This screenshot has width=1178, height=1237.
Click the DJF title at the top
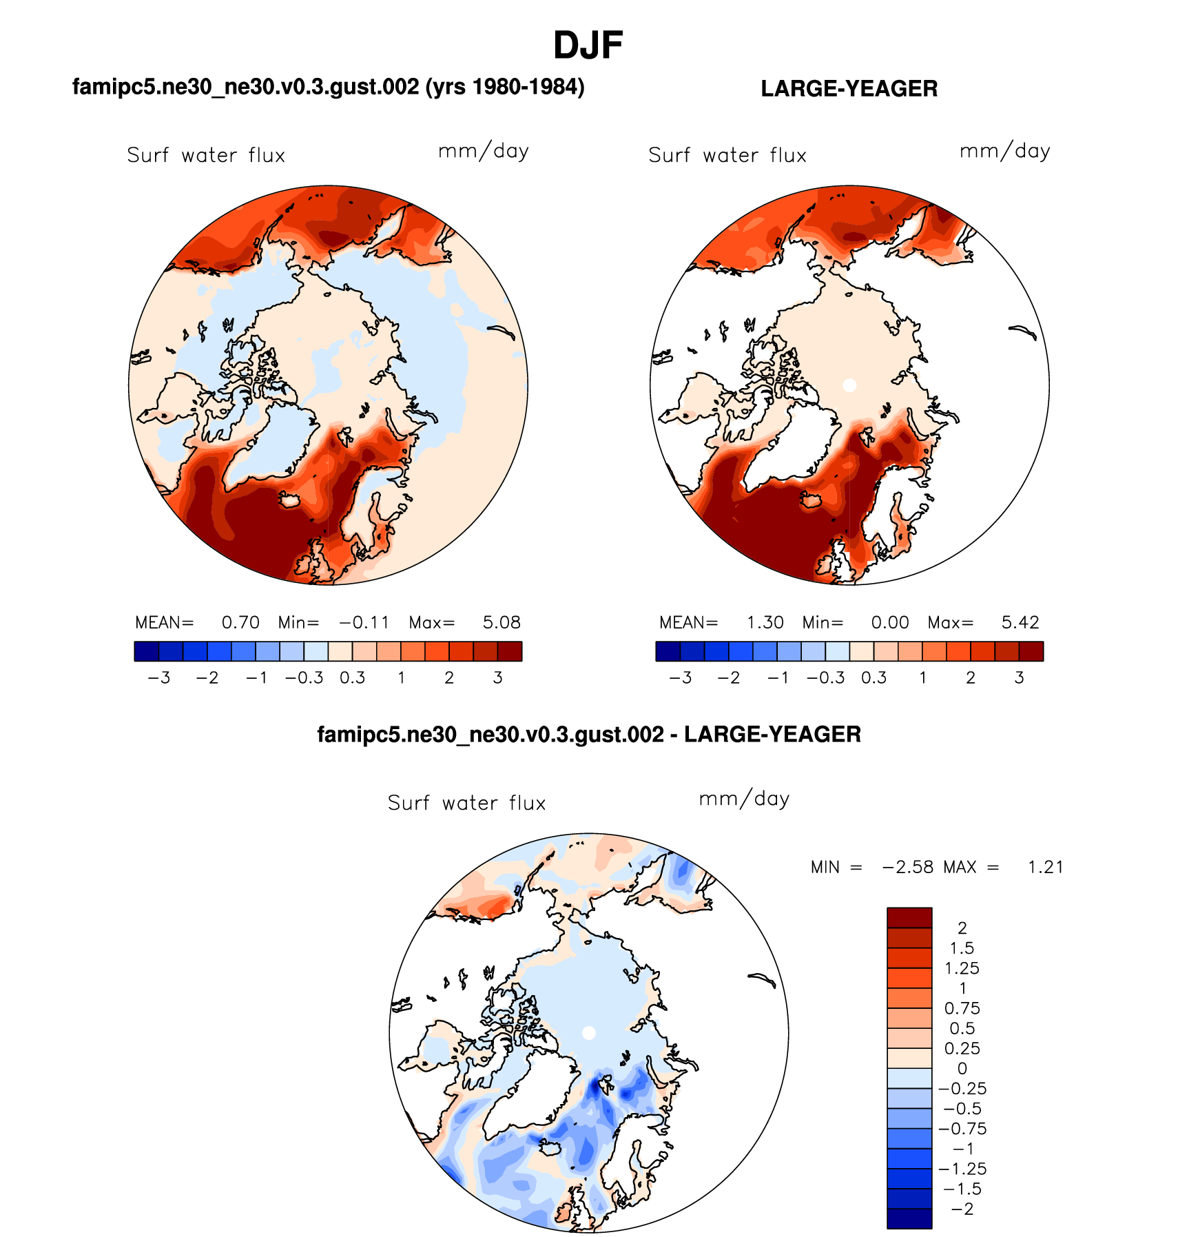pos(588,45)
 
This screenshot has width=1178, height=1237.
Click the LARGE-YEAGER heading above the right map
pos(849,89)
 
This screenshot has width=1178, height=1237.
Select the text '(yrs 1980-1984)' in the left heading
pos(505,87)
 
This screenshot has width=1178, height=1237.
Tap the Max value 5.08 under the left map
pos(502,623)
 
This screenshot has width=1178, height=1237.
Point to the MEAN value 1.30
pos(765,623)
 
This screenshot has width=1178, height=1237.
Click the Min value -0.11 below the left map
pos(364,623)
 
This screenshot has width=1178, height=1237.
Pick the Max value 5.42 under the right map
pos(1020,623)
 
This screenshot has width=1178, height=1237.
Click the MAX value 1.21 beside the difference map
pos(1045,868)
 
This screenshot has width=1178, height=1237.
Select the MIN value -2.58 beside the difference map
pos(908,868)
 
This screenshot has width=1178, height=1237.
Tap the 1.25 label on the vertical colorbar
pos(962,968)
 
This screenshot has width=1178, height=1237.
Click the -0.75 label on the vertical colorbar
pos(962,1129)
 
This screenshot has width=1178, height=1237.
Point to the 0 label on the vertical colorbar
pos(962,1069)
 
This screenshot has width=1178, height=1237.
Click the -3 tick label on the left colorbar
pos(158,678)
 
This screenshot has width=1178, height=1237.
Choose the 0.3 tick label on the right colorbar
pos(874,678)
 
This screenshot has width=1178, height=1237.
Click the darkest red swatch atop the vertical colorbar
pos(909,918)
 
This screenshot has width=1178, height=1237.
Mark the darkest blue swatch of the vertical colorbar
pos(909,1218)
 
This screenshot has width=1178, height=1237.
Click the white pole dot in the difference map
pos(588,1032)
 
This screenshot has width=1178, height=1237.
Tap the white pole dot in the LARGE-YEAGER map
pos(849,385)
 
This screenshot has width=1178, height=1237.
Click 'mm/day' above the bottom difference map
pos(744,799)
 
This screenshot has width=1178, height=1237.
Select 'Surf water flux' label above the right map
pos(727,156)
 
